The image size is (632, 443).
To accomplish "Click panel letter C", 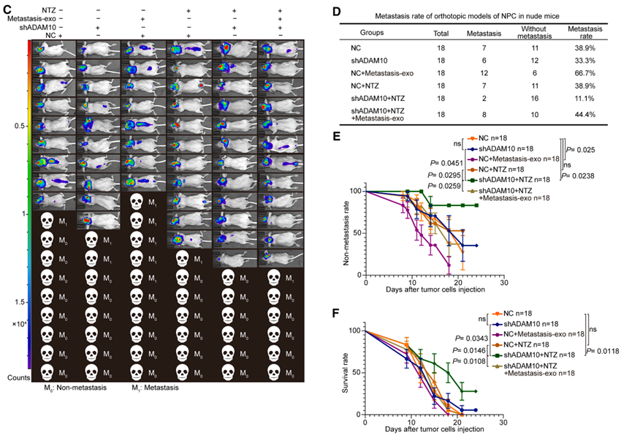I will pos(7,9).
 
